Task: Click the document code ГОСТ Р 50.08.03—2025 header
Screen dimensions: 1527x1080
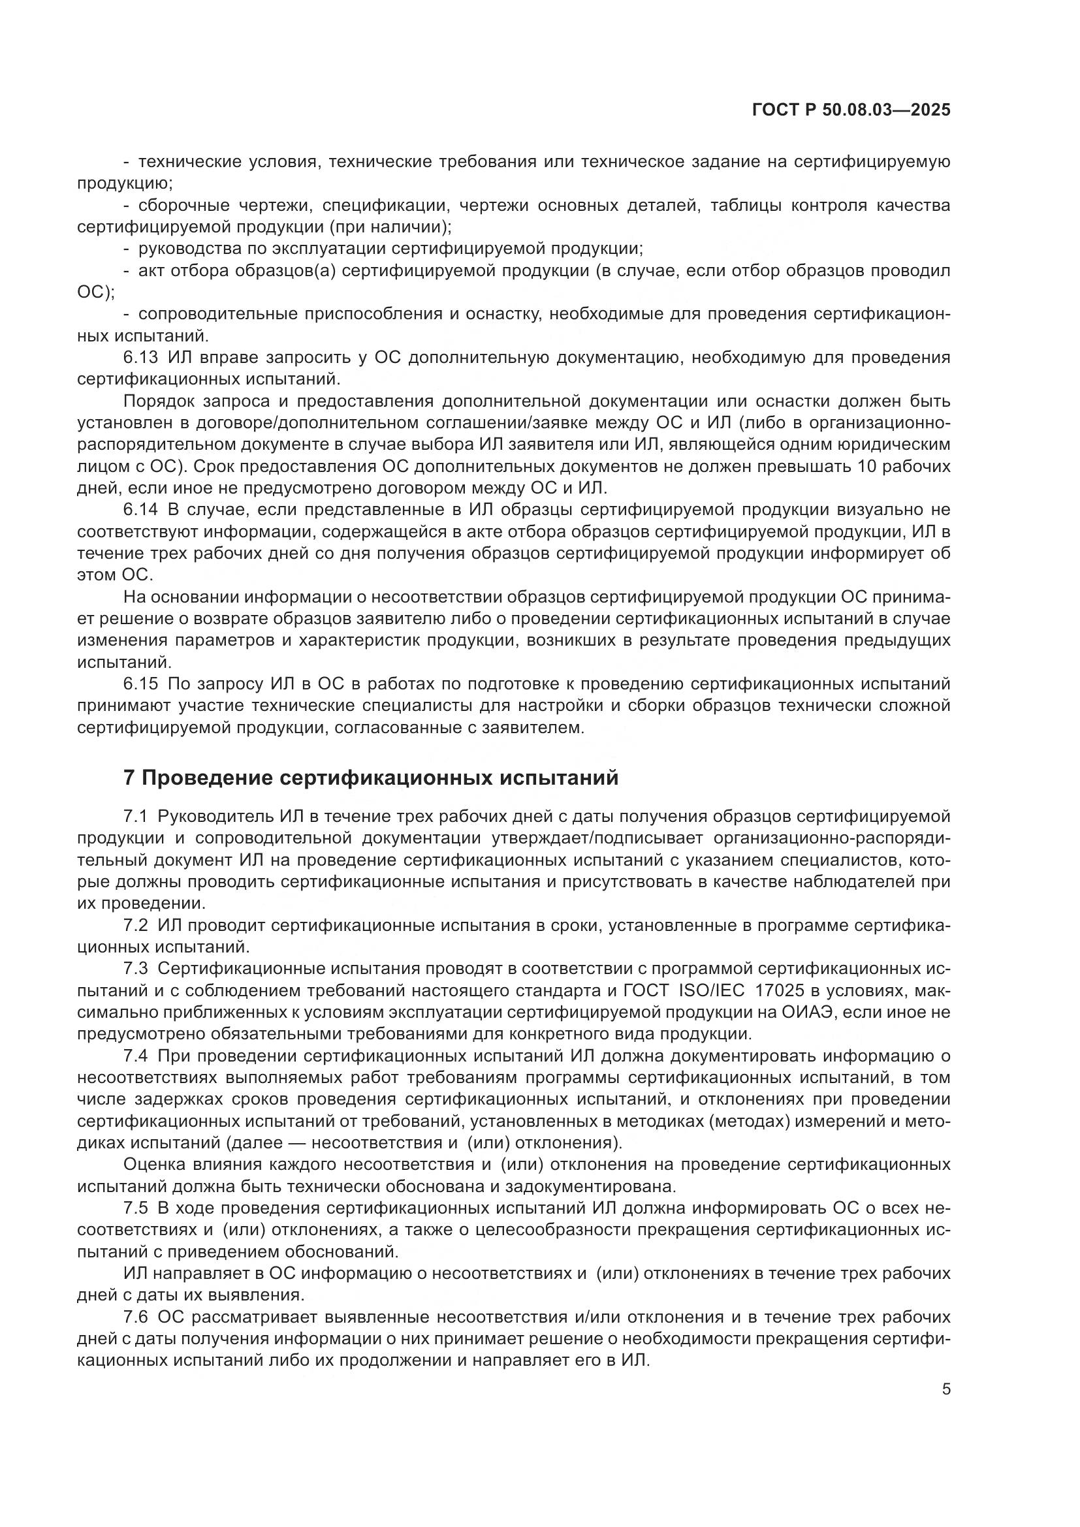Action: click(851, 110)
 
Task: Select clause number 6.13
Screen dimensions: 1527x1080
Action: click(140, 358)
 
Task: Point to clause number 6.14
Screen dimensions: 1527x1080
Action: click(140, 510)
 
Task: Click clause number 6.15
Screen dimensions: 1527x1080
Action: click(140, 684)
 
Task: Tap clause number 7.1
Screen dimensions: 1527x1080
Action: click(136, 816)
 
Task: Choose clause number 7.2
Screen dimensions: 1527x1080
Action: click(136, 925)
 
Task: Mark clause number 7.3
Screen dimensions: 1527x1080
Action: click(136, 968)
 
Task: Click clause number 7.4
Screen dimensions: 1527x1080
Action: click(136, 1056)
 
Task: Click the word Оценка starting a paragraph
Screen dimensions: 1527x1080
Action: click(151, 1165)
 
